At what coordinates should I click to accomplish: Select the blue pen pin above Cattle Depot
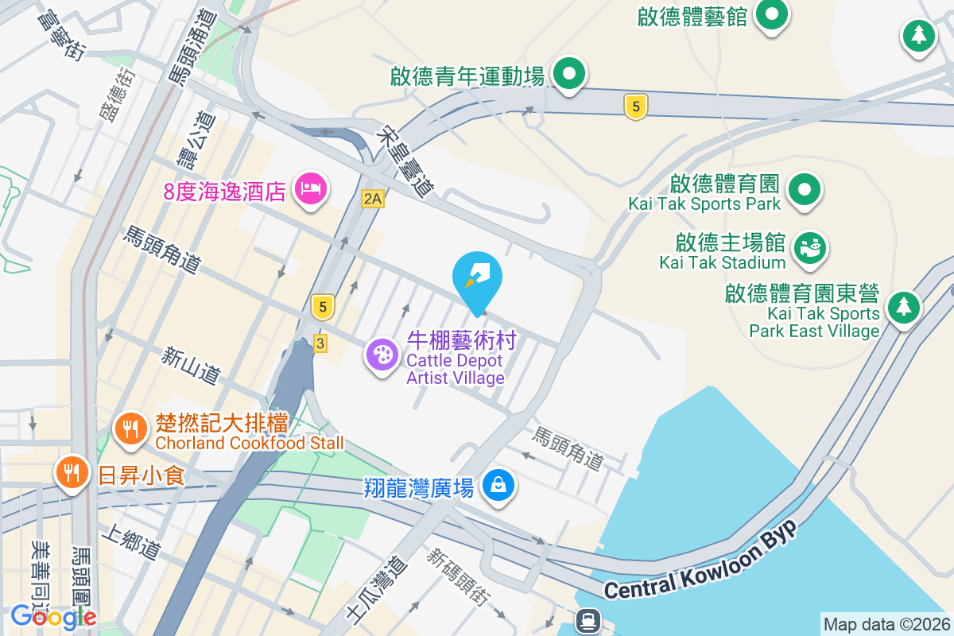[476, 277]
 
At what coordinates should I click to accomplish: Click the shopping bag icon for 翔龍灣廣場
[498, 483]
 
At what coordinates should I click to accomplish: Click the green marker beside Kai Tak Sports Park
[805, 189]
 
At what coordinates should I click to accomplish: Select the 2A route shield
[372, 198]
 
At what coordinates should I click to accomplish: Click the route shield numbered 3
[320, 343]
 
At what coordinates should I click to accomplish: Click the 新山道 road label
[190, 366]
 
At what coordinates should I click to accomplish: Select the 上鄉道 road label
[132, 540]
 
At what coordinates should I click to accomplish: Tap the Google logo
[53, 616]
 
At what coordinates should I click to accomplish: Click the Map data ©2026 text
[886, 624]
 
